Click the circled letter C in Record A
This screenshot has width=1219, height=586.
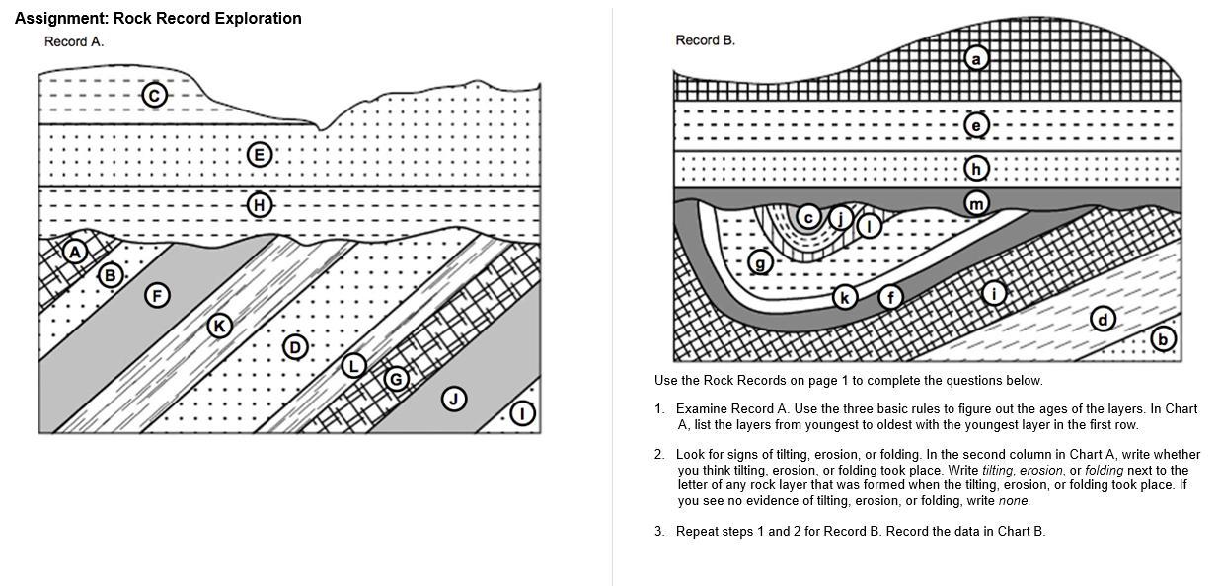[x=154, y=95]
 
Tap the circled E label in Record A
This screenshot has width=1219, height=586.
[x=259, y=154]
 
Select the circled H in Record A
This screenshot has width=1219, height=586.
[x=259, y=205]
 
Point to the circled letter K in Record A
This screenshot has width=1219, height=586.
[x=219, y=326]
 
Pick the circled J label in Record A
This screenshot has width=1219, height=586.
[x=454, y=399]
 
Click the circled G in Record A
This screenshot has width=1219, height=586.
[x=396, y=378]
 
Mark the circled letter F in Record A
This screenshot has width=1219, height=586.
[x=156, y=294]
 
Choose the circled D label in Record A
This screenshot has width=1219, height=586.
[x=294, y=346]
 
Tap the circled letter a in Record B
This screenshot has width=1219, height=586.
[x=976, y=59]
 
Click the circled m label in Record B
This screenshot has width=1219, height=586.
[x=976, y=204]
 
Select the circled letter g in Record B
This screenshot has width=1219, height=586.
[x=759, y=262]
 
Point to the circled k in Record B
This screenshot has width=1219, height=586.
[x=844, y=297]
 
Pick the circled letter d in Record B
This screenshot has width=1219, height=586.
[x=1104, y=319]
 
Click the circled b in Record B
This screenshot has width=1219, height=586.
[x=1163, y=339]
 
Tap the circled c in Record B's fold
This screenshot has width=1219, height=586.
[x=808, y=217]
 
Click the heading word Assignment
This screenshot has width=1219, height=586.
[x=61, y=18]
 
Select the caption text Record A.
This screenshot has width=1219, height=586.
[x=74, y=41]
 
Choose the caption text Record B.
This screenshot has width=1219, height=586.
[x=705, y=40]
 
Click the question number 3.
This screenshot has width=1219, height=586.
[x=659, y=531]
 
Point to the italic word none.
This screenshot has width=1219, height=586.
[x=1014, y=501]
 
